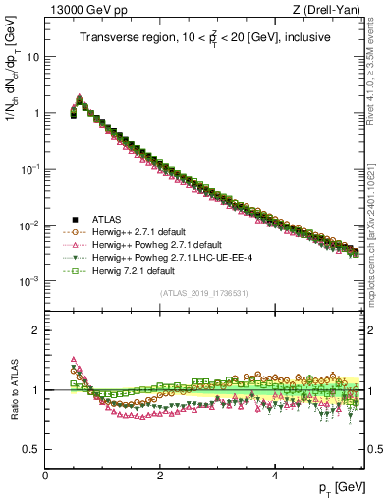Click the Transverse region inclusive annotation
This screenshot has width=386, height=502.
coord(205,38)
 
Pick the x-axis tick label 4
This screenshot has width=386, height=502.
coord(274,475)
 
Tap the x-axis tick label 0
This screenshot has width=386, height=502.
coord(45,475)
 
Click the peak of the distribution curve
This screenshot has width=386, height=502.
coord(79,98)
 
